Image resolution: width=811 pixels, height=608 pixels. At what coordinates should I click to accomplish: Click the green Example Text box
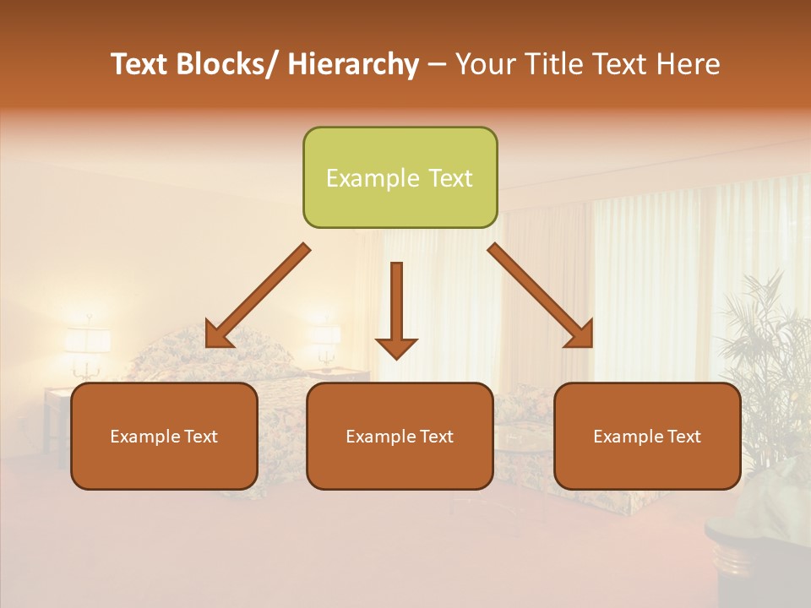pyautogui.click(x=400, y=177)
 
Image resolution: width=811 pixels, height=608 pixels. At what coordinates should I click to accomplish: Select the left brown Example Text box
pyautogui.click(x=164, y=436)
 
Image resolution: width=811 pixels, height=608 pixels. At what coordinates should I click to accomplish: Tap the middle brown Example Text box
pyautogui.click(x=400, y=436)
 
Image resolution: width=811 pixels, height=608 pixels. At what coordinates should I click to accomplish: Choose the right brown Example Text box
pyautogui.click(x=647, y=436)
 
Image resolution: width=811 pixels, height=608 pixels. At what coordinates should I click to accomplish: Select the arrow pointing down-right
pyautogui.click(x=541, y=296)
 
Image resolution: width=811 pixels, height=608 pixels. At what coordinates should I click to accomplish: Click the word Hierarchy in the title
pyautogui.click(x=352, y=64)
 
